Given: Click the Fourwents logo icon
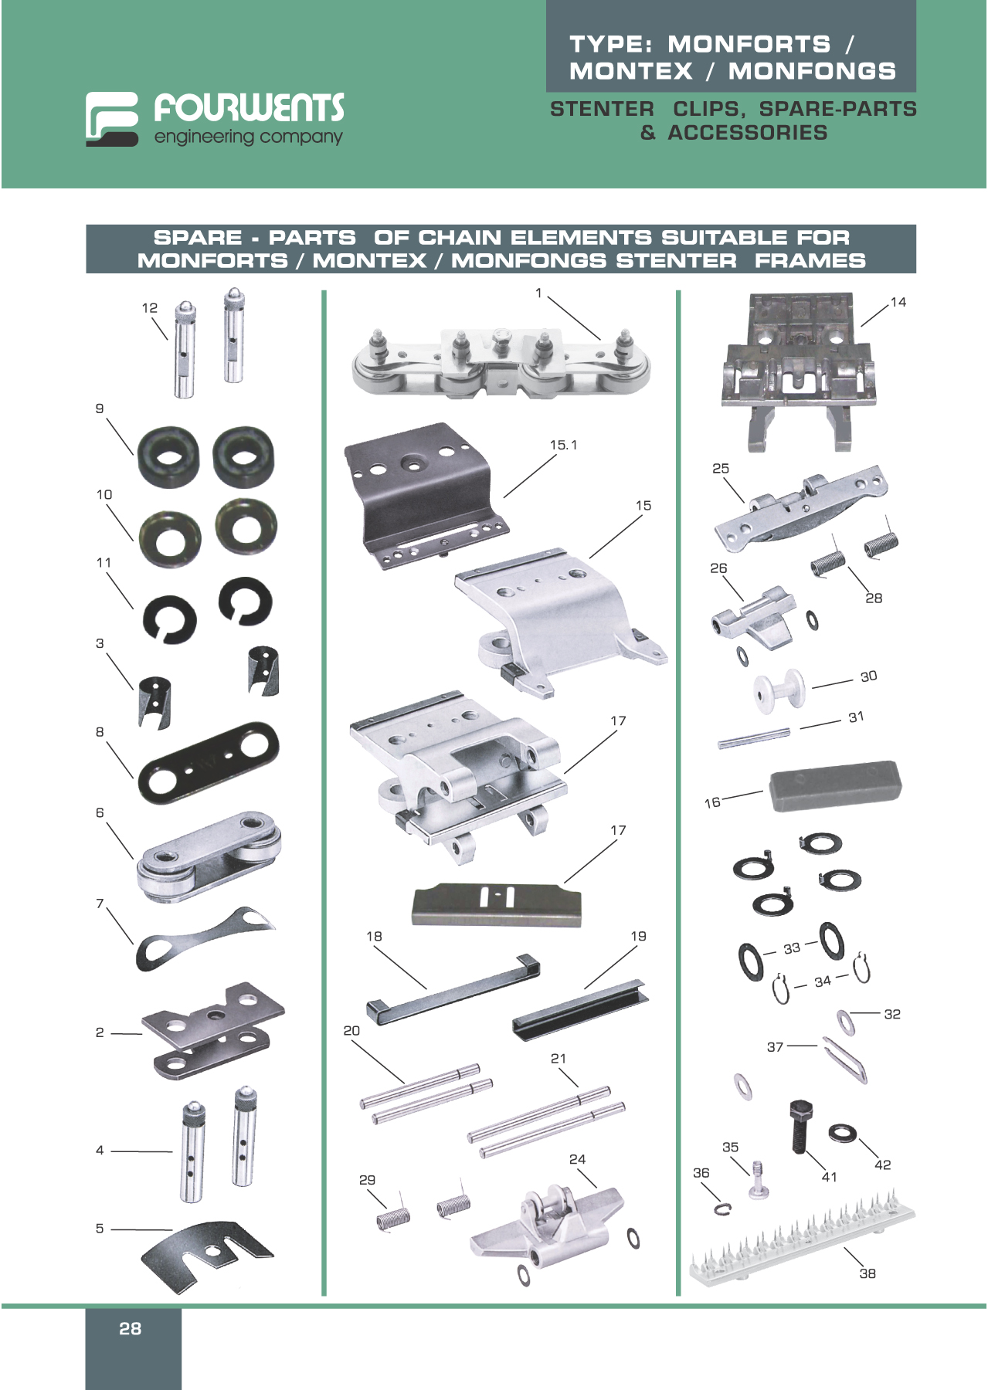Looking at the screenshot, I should pos(112,119).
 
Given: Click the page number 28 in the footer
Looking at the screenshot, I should pos(130,1328).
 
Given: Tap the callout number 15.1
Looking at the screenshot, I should pos(563,445).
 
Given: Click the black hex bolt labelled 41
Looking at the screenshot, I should pos(801,1125).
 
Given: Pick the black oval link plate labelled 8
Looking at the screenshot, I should pos(208,763).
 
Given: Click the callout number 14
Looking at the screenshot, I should pos(898,302).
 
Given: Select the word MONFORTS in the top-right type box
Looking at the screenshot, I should pos(749,44).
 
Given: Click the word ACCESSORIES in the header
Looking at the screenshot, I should pos(747,133).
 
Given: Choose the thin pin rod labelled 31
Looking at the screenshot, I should pos(753,737).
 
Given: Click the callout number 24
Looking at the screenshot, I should pos(577,1159).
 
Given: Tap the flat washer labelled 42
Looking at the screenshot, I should pos(842,1134).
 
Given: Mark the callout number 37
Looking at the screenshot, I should pos(775,1046).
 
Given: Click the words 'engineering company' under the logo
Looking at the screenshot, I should pos(248,137).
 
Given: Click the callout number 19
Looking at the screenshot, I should pos(638,936).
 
